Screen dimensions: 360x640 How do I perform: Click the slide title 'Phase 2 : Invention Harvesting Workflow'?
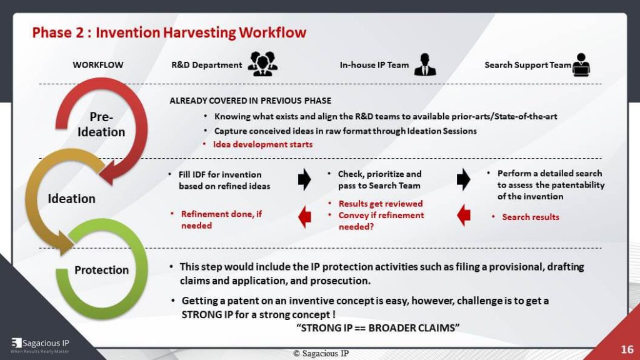(169, 32)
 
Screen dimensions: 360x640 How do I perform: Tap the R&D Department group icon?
(262, 64)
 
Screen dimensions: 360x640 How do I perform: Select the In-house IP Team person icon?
(425, 64)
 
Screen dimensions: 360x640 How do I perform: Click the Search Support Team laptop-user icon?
(581, 64)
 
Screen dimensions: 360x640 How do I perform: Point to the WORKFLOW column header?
(98, 65)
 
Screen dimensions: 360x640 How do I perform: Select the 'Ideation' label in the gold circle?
(72, 199)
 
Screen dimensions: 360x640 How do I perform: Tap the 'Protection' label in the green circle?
(101, 270)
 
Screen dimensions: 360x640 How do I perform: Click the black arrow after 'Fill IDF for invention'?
(304, 179)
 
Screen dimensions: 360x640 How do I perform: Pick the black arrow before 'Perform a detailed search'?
(464, 179)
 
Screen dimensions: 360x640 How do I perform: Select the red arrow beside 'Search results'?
(464, 217)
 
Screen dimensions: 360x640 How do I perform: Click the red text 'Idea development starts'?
(262, 144)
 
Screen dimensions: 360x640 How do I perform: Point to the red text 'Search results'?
(530, 217)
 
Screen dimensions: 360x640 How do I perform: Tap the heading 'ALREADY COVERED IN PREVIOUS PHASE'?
(250, 101)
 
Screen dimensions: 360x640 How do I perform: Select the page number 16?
(627, 349)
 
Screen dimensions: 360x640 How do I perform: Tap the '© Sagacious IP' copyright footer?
(321, 353)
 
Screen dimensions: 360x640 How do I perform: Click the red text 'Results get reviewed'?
(380, 204)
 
